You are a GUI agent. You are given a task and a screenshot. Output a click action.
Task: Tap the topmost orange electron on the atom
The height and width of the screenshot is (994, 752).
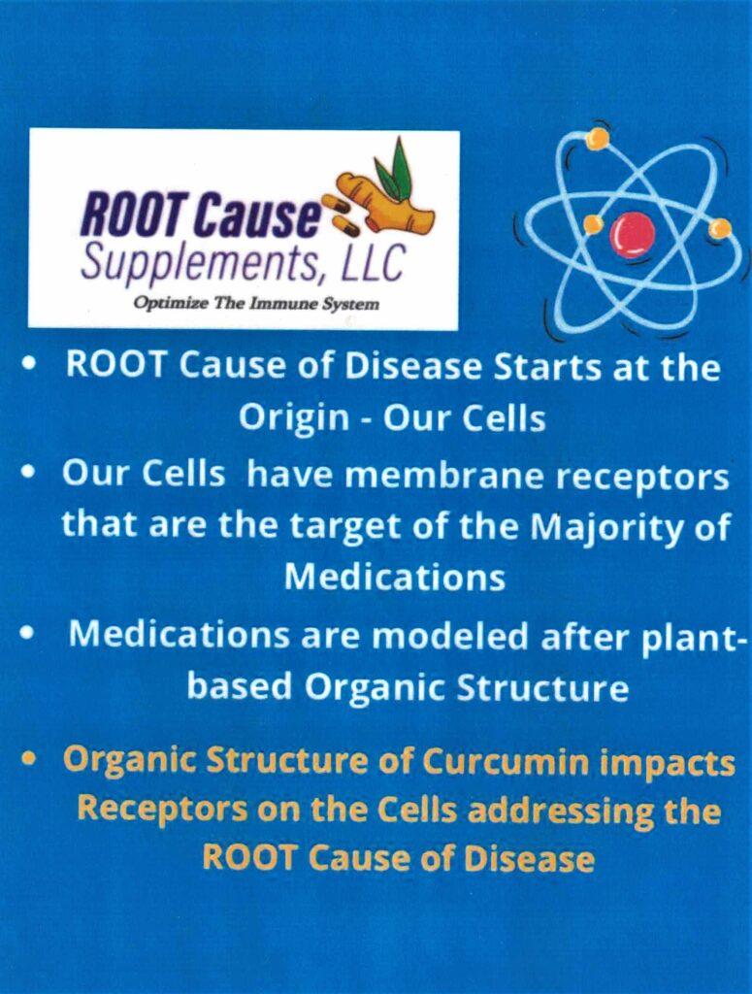click(597, 138)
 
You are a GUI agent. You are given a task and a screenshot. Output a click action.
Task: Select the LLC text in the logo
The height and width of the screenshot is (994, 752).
click(374, 261)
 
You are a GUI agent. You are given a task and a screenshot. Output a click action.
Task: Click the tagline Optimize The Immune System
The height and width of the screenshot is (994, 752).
click(256, 304)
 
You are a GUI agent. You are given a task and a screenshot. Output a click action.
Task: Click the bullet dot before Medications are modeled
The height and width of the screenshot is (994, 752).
click(26, 632)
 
